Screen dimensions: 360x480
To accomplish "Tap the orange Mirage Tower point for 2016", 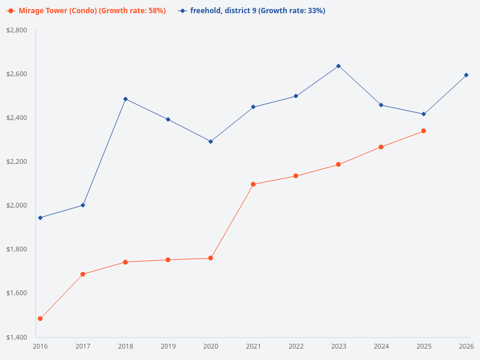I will coord(40,319).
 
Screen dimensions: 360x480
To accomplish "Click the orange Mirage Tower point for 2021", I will coord(253,184).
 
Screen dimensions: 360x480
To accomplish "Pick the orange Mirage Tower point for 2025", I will coord(424,131).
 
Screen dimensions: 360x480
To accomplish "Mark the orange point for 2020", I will coord(211,258).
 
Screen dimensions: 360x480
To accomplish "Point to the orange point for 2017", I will coord(83,274).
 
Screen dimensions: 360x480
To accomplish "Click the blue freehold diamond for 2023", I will coord(338,66).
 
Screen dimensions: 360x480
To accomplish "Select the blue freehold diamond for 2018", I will coord(125,99).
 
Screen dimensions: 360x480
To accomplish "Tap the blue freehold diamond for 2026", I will coord(466,75).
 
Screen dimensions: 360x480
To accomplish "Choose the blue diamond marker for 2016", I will coord(40,218).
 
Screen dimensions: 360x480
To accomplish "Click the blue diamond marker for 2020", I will coord(211,142).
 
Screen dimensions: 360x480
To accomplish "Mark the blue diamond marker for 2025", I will coord(424,114).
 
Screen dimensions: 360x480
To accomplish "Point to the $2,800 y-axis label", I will coord(17,30).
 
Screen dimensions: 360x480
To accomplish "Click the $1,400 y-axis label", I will coord(17,337).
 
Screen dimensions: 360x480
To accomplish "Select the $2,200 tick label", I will coord(17,161).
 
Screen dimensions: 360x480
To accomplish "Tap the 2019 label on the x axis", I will coord(168,347).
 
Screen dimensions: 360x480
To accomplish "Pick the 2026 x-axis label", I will coord(466,347).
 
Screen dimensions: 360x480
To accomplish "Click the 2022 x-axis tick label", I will coord(296,347).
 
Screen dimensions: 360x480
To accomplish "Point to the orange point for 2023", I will coord(338,164).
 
